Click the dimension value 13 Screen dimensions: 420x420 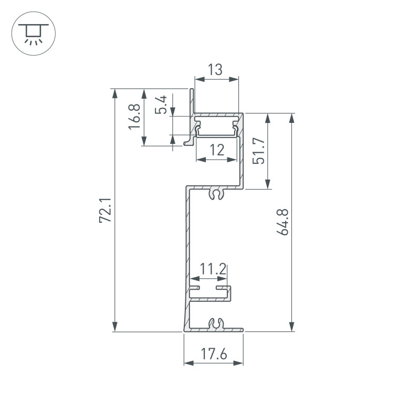pos(215,69)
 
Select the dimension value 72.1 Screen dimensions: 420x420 pos(105,211)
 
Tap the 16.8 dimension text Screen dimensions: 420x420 pos(134,117)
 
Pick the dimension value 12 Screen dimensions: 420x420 pos(216,151)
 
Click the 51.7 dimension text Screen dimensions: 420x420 pos(258,151)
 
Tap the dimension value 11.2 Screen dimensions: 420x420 pos(213,270)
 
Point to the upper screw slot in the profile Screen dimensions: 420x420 pos(216,194)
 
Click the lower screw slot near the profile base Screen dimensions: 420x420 pos(216,324)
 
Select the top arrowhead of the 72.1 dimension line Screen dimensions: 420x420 pos(114,92)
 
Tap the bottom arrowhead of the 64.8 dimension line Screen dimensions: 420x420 pos(292,328)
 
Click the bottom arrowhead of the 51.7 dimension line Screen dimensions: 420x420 pos(268,184)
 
